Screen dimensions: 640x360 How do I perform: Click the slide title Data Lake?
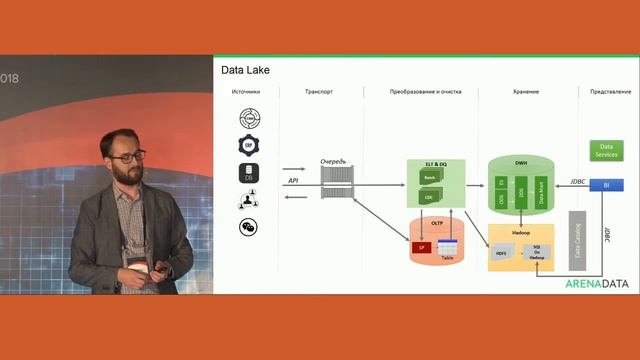click(x=245, y=70)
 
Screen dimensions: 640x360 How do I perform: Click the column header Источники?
click(x=246, y=92)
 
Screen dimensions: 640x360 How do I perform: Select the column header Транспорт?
click(x=319, y=92)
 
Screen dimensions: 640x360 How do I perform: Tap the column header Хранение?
click(x=526, y=92)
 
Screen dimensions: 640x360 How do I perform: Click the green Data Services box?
click(x=605, y=151)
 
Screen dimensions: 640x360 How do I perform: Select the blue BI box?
click(x=605, y=185)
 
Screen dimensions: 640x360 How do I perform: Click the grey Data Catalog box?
click(x=577, y=240)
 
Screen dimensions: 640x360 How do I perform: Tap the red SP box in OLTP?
click(x=421, y=246)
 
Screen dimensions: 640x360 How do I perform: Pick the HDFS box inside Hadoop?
click(x=502, y=254)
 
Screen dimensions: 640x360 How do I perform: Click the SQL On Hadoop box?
click(x=536, y=252)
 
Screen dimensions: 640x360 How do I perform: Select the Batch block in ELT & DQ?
click(x=430, y=177)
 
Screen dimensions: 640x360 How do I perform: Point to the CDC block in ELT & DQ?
click(x=430, y=197)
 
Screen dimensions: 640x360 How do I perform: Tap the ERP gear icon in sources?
click(x=247, y=145)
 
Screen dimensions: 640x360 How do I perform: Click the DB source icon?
click(x=247, y=172)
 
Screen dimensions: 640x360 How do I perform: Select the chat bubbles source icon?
click(x=247, y=227)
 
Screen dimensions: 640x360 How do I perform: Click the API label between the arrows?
click(x=293, y=181)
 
